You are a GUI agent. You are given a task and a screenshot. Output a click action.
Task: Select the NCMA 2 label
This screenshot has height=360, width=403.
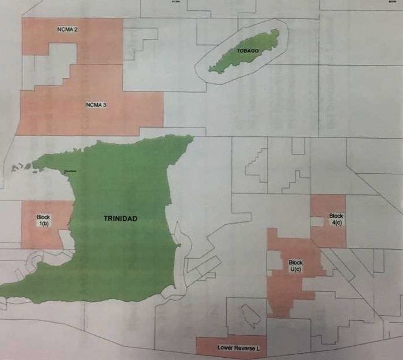coord(68,29)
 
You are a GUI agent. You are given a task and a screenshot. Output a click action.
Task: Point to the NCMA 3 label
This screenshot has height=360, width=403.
coord(96,105)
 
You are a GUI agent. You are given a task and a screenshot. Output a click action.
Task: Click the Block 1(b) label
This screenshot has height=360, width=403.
coord(44,221)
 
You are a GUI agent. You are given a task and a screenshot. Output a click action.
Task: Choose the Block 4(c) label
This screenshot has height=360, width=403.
coord(336,219)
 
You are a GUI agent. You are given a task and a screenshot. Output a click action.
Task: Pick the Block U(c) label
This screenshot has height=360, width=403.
coord(295,266)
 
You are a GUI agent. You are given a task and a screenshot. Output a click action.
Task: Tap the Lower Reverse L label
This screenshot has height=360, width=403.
coord(231,348)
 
